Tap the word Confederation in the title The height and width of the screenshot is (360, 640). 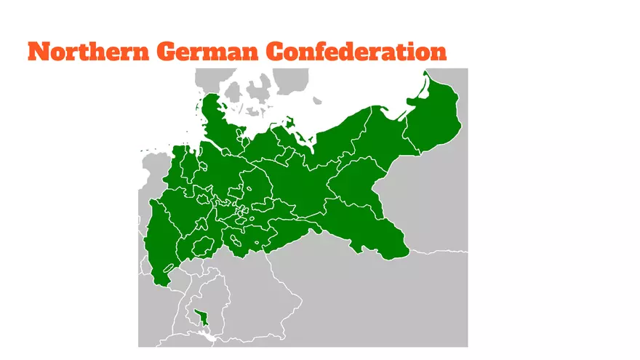tap(356, 52)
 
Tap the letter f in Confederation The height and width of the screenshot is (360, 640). tap(330, 51)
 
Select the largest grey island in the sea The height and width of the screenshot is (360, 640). tap(258, 92)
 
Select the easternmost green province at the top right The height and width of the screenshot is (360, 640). tap(435, 125)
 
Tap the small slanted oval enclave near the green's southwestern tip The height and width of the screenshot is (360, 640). tap(169, 268)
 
